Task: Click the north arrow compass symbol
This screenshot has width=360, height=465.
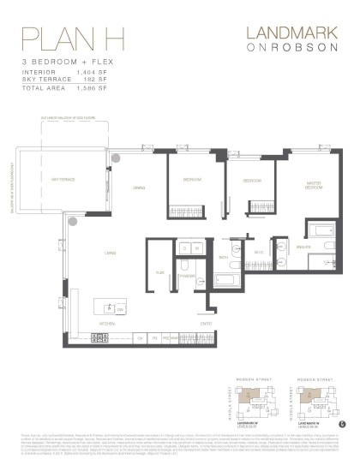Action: pyautogui.click(x=344, y=424)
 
